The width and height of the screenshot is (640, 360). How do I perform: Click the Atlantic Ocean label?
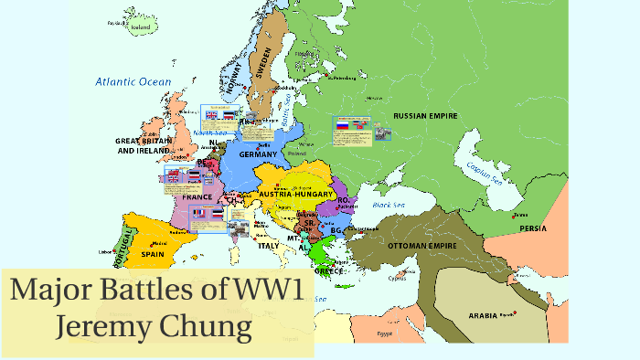coord(133,82)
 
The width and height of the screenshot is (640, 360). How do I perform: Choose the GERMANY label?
coord(258,154)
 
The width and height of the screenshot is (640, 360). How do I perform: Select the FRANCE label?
coord(197,197)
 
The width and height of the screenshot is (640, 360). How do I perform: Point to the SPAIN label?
coord(152,254)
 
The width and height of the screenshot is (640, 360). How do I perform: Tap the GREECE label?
coord(328,270)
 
